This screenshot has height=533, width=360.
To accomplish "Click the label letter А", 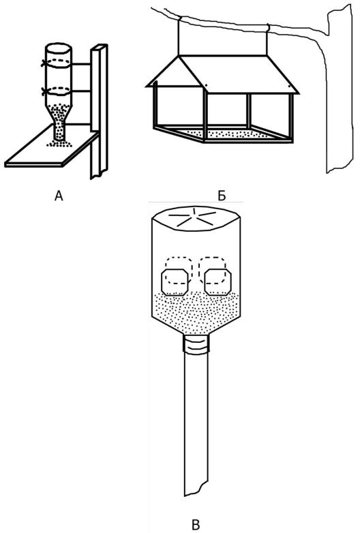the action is click(59, 196).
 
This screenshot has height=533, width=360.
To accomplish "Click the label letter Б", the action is click(222, 196).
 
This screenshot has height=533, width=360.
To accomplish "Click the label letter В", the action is click(196, 525).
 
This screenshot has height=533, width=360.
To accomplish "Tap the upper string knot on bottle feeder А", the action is click(43, 63).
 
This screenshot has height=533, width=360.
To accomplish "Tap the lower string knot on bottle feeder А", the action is click(43, 91).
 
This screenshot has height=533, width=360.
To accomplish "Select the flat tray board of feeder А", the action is click(51, 149).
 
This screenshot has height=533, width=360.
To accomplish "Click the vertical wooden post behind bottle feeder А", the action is click(99, 112).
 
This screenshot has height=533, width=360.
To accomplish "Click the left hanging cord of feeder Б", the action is click(179, 37).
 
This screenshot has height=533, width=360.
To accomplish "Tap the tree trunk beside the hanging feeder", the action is click(338, 89).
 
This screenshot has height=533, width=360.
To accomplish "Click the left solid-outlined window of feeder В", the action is click(175, 282).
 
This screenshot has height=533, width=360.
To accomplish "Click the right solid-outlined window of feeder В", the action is click(218, 281).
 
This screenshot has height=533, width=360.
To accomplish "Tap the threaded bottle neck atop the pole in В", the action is click(196, 344).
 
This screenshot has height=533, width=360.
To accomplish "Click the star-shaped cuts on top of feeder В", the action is click(192, 217).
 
